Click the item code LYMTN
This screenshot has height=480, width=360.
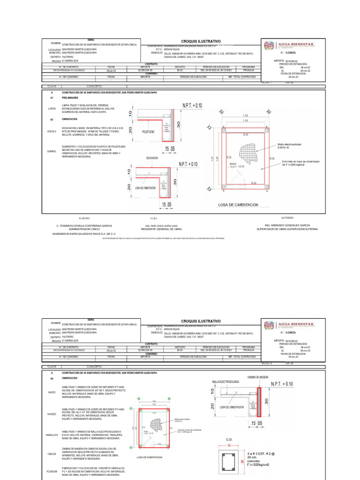tap(52, 108)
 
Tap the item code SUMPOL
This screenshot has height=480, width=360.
tap(52, 151)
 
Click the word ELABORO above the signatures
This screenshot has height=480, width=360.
tap(85, 218)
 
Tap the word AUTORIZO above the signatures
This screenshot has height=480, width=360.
tap(287, 218)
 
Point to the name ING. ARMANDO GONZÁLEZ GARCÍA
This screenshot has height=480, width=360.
tap(287, 225)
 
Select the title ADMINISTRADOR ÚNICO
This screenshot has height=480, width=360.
tap(84, 229)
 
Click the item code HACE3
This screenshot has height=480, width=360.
tap(52, 392)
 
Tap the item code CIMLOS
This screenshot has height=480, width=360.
tap(52, 454)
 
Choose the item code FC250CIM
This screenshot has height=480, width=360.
tap(52, 471)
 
